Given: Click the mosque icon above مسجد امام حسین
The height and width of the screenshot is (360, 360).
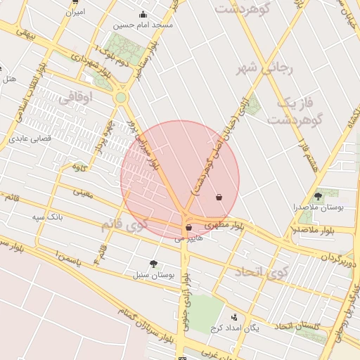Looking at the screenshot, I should tap(143, 15).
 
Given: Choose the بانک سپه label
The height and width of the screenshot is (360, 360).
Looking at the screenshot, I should tap(47, 218).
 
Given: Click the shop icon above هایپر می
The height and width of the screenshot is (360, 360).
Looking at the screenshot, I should tap(188, 228).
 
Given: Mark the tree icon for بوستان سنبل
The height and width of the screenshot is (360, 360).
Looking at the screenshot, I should tap(153, 264).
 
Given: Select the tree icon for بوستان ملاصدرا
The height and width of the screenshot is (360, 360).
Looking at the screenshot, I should tap(318, 197).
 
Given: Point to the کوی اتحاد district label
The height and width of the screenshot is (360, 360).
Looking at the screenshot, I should tap(258, 271).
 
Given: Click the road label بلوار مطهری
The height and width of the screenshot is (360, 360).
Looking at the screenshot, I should tap(225, 226).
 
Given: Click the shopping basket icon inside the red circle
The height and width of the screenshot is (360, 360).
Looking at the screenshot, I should tap(219, 198).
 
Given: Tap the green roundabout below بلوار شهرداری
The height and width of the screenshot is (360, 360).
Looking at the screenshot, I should tap(120, 98).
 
